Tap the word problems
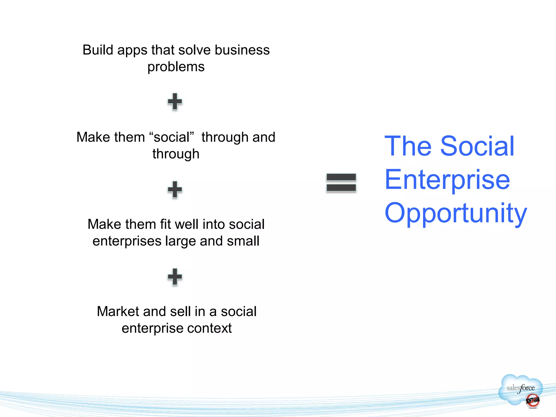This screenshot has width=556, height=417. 176,67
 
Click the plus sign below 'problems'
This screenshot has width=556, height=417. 175,102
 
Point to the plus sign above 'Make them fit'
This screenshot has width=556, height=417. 175,189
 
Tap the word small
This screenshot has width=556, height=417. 243,241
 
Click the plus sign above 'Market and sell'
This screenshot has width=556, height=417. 175,277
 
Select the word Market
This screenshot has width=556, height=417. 118,311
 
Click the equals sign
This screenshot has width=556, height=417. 341,183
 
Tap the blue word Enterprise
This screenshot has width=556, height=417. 447,179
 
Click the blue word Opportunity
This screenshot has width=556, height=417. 456,213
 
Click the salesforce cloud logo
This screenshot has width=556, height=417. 520,387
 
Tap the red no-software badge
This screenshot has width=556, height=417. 532,401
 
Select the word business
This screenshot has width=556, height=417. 242,50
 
